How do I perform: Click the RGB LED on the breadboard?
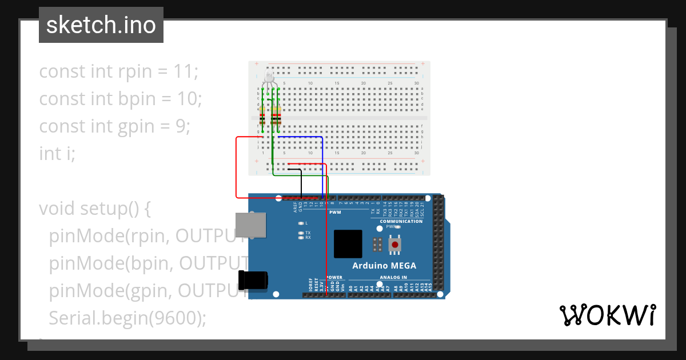coord(270,78)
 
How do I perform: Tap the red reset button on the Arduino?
coord(395,245)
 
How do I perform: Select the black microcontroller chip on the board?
coord(348,244)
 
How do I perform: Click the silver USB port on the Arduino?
coord(250,225)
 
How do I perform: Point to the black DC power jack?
coord(253,279)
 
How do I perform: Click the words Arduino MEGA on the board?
coord(384,266)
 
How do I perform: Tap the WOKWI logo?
coord(607,315)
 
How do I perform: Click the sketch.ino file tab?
coord(101,25)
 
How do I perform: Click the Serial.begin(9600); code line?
coord(127,318)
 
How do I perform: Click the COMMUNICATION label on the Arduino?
coord(401,221)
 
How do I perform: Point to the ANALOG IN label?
coord(393,277)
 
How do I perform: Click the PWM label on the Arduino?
coord(335,212)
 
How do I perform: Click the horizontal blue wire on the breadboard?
coord(300,137)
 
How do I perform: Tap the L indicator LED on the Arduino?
coord(301,223)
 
